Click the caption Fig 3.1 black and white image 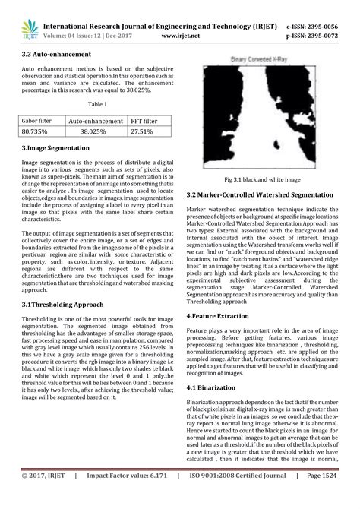[263, 179]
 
